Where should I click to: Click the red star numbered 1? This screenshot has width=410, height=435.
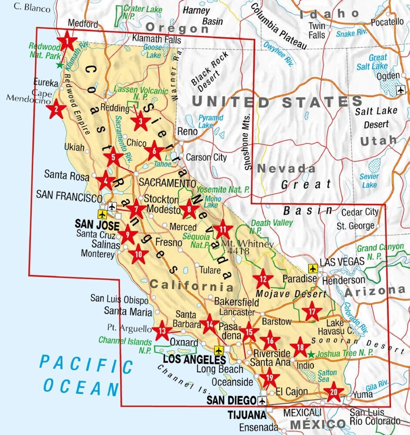click(67, 42)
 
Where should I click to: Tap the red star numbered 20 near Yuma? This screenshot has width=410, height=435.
click(333, 392)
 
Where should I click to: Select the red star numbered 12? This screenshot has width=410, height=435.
click(263, 279)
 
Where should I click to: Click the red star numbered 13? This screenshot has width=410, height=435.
click(162, 331)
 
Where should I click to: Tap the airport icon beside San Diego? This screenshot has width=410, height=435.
click(262, 401)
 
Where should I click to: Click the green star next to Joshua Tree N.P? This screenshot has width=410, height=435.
click(310, 354)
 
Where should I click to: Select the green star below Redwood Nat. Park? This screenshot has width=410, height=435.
click(60, 65)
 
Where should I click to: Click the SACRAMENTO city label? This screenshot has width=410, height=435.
click(167, 183)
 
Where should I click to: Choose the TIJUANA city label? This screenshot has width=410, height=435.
click(246, 415)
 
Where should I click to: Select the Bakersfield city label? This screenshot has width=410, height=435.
click(233, 301)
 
